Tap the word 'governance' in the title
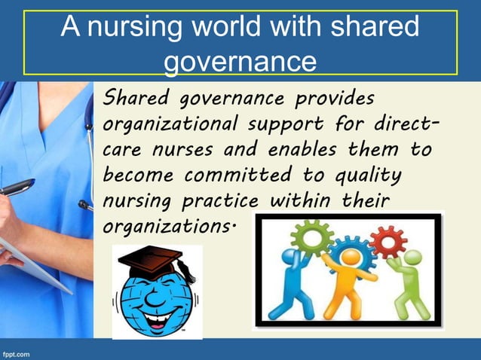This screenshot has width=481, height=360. point(239,61)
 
